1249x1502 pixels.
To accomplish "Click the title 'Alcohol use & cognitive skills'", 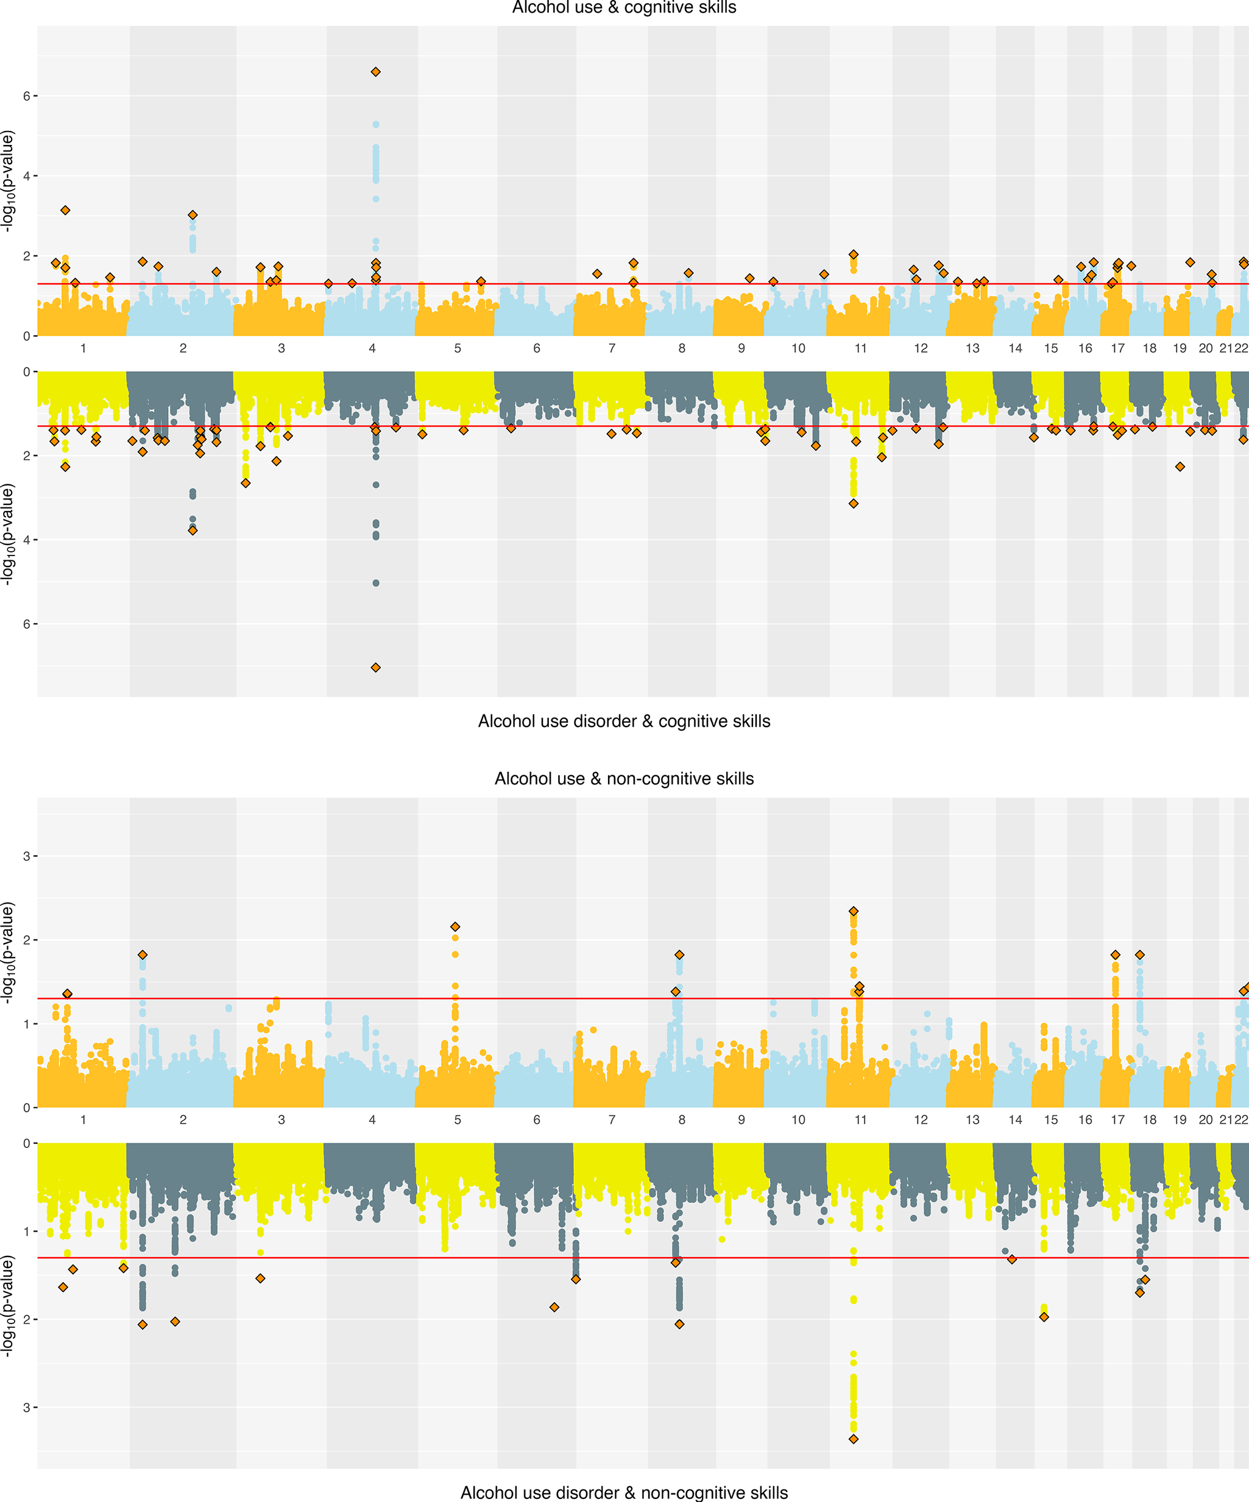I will (x=624, y=8).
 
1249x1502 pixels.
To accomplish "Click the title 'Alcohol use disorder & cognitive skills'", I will (x=624, y=721).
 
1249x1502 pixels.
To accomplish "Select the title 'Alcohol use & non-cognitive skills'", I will (x=624, y=778).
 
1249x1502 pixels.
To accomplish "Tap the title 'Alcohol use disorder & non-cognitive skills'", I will (x=624, y=1492).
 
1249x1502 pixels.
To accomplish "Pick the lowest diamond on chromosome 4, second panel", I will (x=375, y=668).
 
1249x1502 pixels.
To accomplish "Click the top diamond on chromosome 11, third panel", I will (x=854, y=911).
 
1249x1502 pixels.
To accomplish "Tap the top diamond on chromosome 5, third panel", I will (x=455, y=927).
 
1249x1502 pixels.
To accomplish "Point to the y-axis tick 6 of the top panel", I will (x=26, y=96).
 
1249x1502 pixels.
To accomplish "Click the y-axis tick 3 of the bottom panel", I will (x=26, y=1408).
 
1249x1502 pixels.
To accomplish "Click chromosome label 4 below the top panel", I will (x=372, y=348).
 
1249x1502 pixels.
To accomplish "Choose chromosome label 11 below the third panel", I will (x=860, y=1119).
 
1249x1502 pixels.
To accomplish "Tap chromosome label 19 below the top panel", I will (x=1180, y=348).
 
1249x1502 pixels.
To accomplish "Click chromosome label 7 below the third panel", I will (x=612, y=1119).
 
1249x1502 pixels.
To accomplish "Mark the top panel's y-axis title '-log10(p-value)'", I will (x=8, y=181).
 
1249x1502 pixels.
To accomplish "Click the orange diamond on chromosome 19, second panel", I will (x=1180, y=467).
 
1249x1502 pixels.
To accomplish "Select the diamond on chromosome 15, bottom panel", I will (x=1044, y=1317).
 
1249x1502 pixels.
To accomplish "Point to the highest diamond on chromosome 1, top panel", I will (x=65, y=210).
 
